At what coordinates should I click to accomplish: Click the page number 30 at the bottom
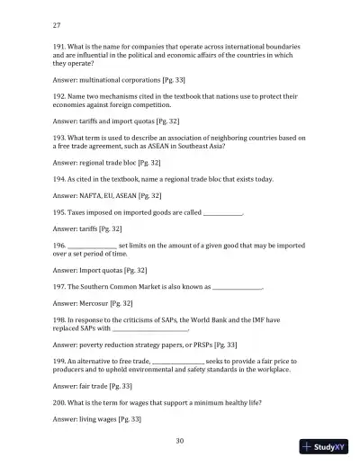pyautogui.click(x=180, y=440)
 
